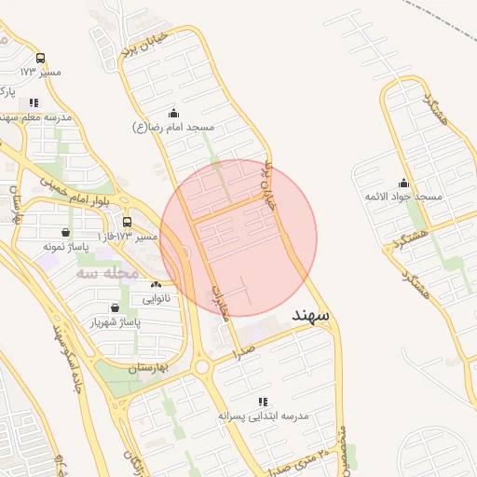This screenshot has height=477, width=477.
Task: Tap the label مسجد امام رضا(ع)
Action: [x=173, y=126]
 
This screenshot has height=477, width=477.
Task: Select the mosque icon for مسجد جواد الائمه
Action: [x=403, y=183]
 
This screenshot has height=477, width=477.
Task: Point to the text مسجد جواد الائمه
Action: [x=402, y=197]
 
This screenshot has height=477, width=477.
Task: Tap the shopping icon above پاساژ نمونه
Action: [x=65, y=233]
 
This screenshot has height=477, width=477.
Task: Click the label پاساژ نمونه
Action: [x=65, y=247]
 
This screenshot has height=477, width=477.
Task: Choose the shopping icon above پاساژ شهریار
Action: [x=115, y=307]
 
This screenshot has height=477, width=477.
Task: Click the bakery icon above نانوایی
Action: [x=156, y=285]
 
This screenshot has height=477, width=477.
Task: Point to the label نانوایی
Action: [x=156, y=298]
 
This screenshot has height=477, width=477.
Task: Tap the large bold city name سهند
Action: [x=310, y=315]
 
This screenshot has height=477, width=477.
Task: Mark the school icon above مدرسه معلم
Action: [x=34, y=103]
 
